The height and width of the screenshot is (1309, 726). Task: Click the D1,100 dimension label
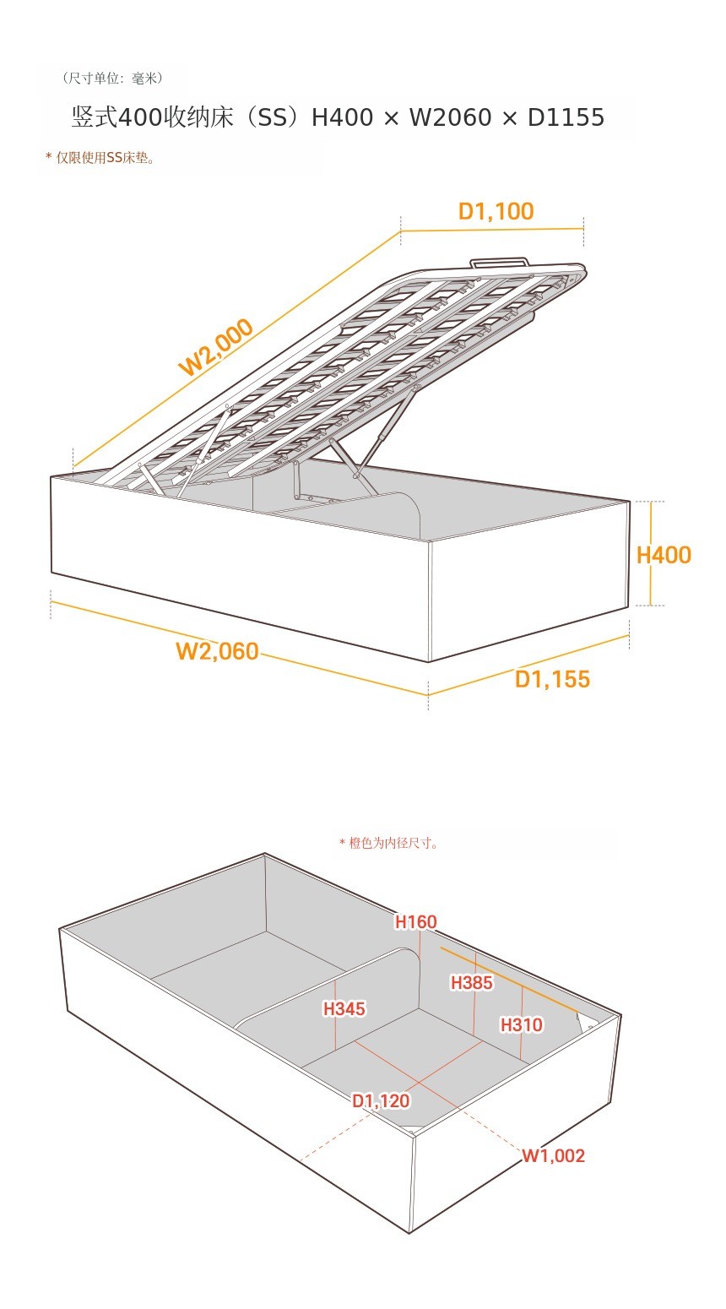pyautogui.click(x=496, y=211)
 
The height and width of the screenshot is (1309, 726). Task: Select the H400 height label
pyautogui.click(x=664, y=555)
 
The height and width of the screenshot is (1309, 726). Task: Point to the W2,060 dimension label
pyautogui.click(x=217, y=651)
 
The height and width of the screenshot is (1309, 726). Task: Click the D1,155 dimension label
pyautogui.click(x=553, y=679)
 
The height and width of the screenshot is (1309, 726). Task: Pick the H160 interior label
pyautogui.click(x=416, y=921)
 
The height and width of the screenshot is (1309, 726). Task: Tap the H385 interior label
pyautogui.click(x=471, y=982)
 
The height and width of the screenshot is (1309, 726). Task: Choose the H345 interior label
pyautogui.click(x=344, y=1008)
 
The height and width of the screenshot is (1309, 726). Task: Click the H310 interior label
pyautogui.click(x=522, y=1024)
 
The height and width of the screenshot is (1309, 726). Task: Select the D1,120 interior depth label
pyautogui.click(x=381, y=1101)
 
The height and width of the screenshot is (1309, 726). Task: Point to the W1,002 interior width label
pyautogui.click(x=553, y=1155)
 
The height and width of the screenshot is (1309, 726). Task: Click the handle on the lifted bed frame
pyautogui.click(x=500, y=263)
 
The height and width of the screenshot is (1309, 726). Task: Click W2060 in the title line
pyautogui.click(x=450, y=117)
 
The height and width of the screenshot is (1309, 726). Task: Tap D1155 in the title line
pyautogui.click(x=566, y=117)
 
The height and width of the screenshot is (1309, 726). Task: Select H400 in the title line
pyautogui.click(x=342, y=117)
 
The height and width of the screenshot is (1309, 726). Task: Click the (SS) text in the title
pyautogui.click(x=273, y=117)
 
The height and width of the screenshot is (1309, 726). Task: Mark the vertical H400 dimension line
pyautogui.click(x=650, y=553)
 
